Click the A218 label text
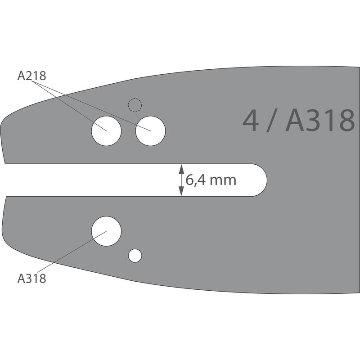coord(31,76)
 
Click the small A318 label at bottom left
coord(31,278)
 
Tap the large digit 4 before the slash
coord(251,121)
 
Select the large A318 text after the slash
coord(320,121)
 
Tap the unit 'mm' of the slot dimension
coord(223,181)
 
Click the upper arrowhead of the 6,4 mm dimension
coord(181,169)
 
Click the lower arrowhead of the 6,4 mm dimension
coord(181,191)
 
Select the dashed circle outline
coord(135,99)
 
